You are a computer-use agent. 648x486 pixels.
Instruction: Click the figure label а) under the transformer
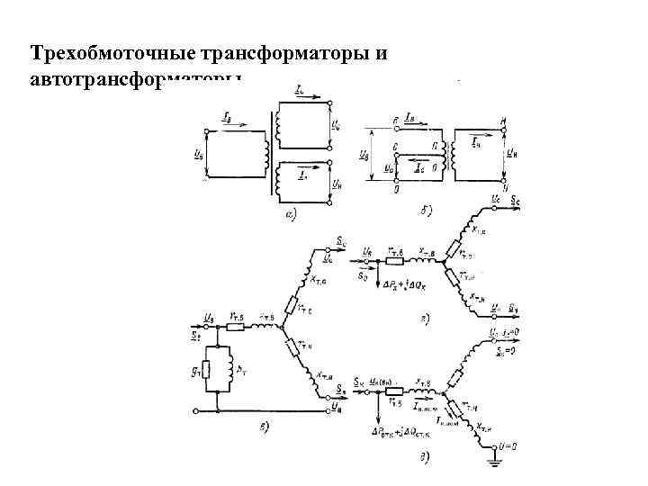coord(292,214)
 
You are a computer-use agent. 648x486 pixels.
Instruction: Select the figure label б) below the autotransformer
coord(426,211)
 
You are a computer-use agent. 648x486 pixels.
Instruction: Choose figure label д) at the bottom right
coord(423,459)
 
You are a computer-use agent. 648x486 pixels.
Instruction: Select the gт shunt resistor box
coord(208,369)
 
